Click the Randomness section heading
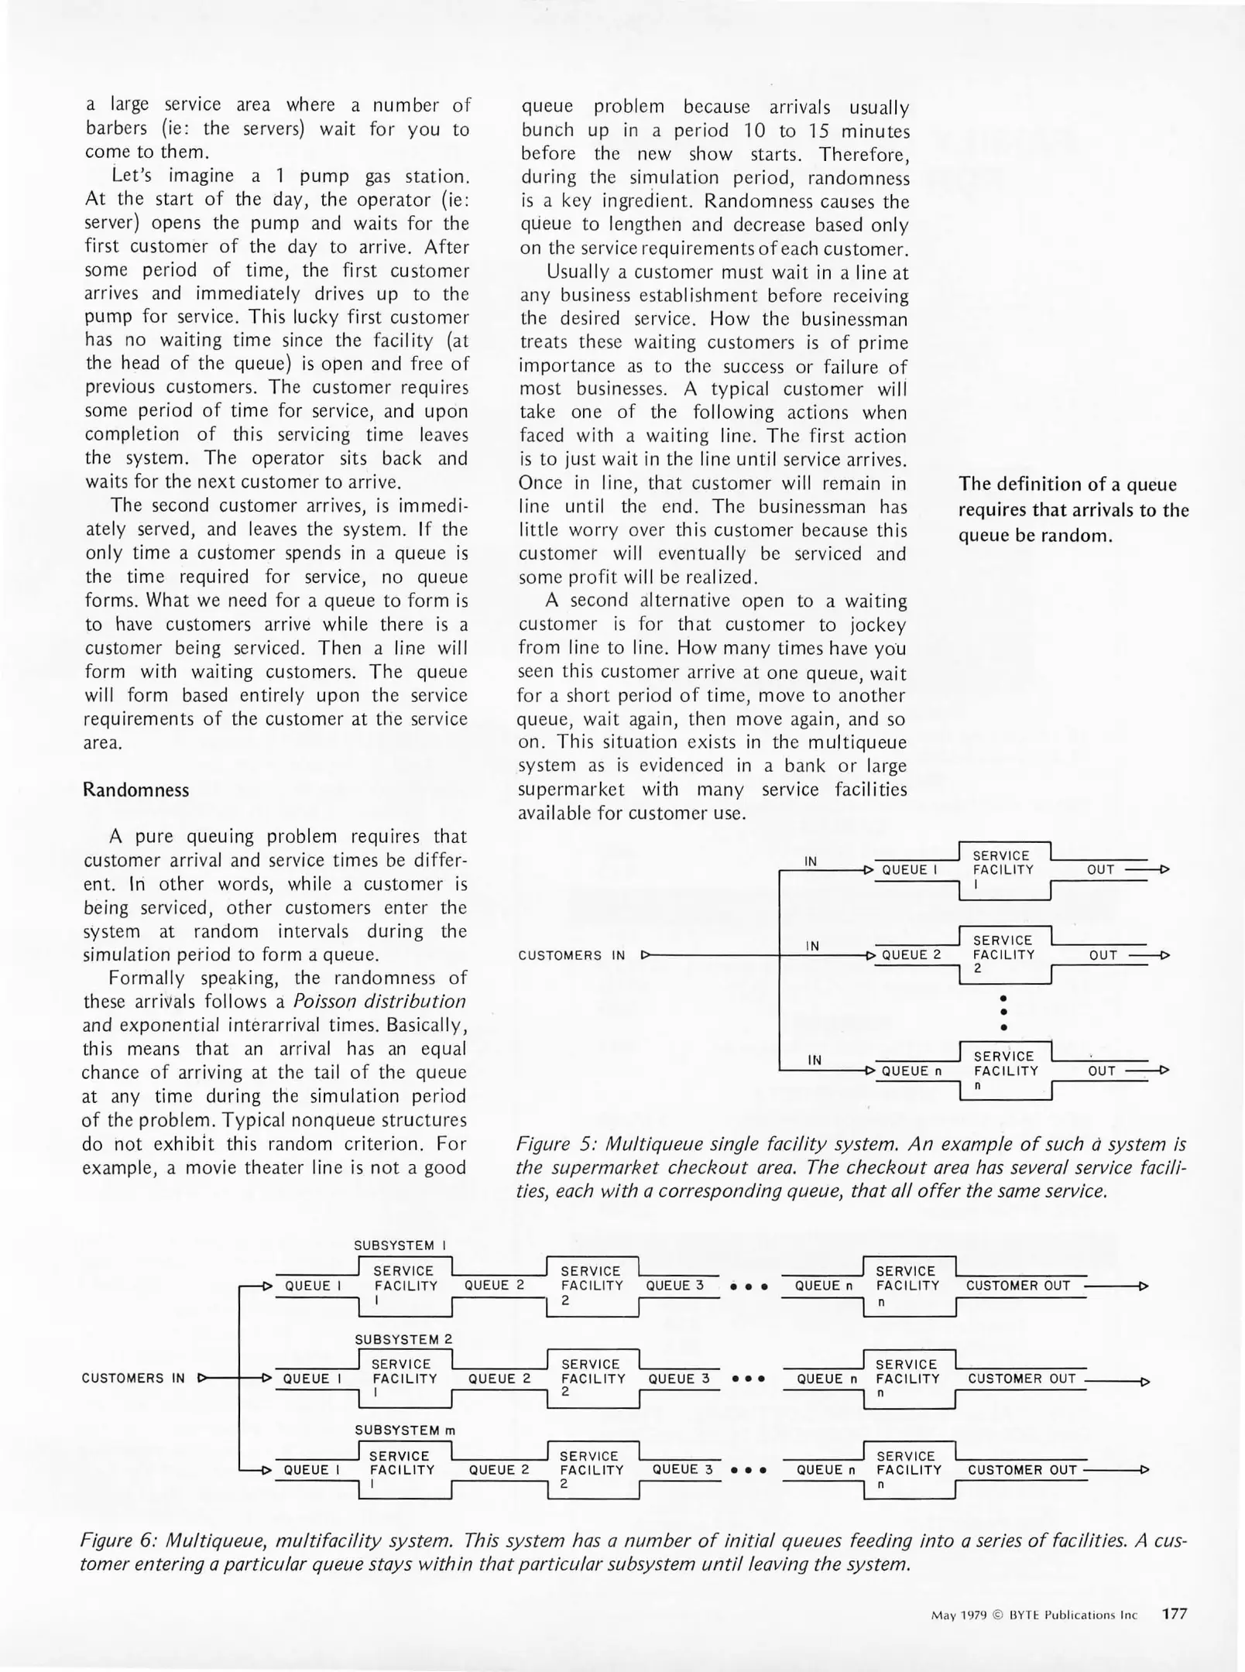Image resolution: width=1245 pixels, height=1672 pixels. pos(135,790)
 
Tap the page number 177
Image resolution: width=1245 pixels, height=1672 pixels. pos(1174,1614)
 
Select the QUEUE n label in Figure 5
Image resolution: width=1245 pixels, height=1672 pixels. pos(912,1071)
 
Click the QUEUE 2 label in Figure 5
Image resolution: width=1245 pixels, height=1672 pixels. pos(911,955)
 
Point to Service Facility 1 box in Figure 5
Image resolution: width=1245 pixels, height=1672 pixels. pos(1004,870)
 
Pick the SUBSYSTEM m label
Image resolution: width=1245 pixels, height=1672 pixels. pos(404,1430)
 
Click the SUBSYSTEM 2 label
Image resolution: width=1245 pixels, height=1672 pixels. pos(403,1339)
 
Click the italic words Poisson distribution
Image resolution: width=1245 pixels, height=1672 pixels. pos(379,1002)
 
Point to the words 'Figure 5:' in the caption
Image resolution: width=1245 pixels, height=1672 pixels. pos(554,1144)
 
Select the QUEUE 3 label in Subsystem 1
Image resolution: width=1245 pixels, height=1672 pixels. pos(674,1286)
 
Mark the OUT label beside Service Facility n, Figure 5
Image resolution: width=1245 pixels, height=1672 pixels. pos(1102,1071)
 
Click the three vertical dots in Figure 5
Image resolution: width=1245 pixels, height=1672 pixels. pos(1003,1012)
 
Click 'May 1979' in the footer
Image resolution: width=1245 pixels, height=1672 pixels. pos(959,1615)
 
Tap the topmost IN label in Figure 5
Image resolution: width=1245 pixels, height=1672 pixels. pos(811,861)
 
